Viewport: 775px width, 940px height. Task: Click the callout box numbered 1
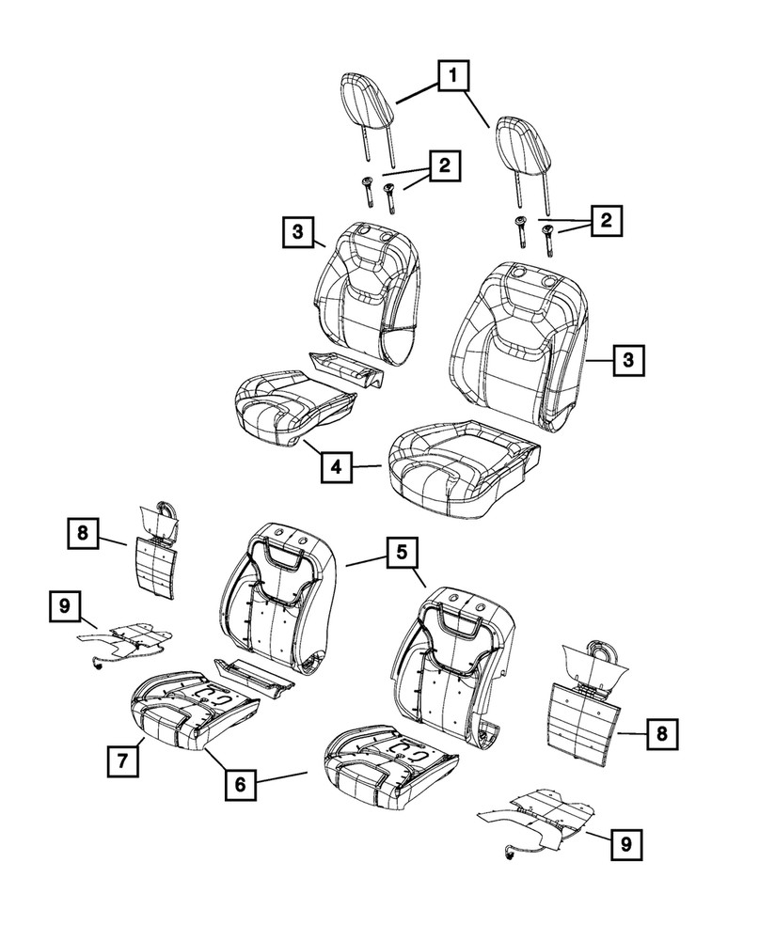(x=452, y=74)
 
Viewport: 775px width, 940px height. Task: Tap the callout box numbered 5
(x=400, y=554)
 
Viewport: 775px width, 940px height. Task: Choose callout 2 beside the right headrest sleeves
(x=606, y=222)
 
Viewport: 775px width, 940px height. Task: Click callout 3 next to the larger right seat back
(x=629, y=359)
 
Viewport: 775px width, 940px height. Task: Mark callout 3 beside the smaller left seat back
(x=296, y=231)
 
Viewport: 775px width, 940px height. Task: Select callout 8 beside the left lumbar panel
(x=83, y=534)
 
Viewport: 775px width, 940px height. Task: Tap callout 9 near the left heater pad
(x=65, y=606)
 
